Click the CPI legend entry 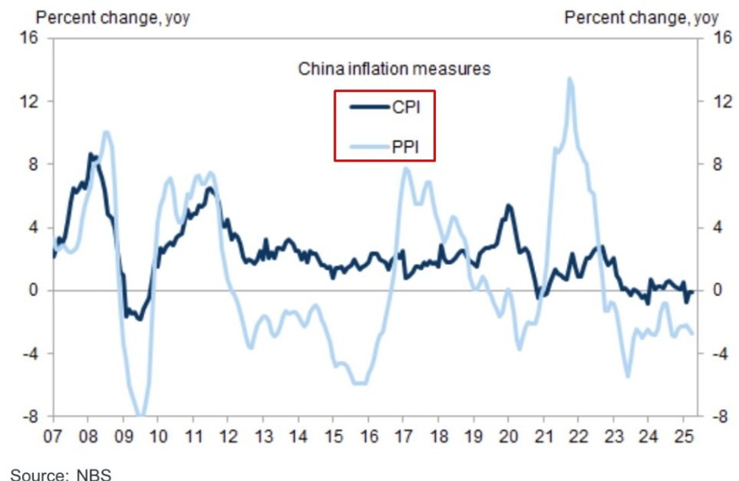click(x=385, y=108)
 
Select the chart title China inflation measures click(x=393, y=69)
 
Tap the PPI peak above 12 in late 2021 click(x=570, y=78)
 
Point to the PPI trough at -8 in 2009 click(x=140, y=414)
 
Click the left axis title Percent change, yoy click(x=113, y=17)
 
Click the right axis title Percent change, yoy click(x=641, y=17)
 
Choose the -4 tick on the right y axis click(x=724, y=354)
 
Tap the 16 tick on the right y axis click(x=724, y=38)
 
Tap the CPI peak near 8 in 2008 click(x=91, y=154)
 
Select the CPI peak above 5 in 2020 click(x=509, y=206)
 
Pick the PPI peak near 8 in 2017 click(x=406, y=168)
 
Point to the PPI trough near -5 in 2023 click(x=627, y=376)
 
